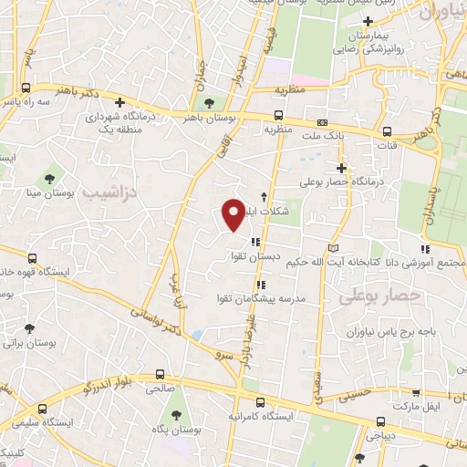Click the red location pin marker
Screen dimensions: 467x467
234,214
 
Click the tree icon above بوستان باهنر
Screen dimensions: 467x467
210,102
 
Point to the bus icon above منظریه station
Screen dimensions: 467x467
278,116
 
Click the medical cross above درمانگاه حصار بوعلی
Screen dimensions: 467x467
341,168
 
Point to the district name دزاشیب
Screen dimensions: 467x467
106,193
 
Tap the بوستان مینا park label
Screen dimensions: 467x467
47,193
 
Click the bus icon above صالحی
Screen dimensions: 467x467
160,375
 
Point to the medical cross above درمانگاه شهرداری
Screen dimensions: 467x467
119,101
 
